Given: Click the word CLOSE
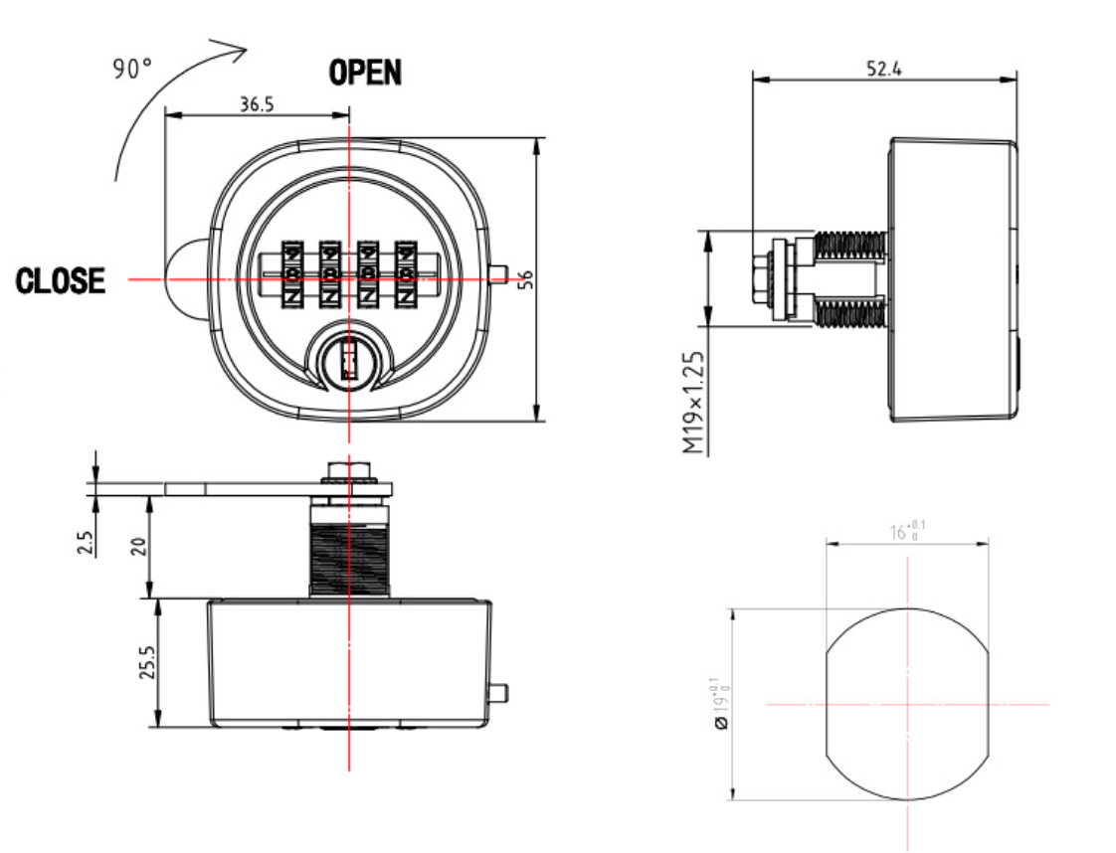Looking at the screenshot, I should (x=61, y=281).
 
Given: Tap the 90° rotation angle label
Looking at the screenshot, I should (x=132, y=72).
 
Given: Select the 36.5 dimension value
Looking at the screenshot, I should (x=257, y=104).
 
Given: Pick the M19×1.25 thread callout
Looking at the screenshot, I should (x=694, y=403).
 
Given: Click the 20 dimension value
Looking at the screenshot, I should (x=138, y=545).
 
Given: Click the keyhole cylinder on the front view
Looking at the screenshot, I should (x=348, y=359).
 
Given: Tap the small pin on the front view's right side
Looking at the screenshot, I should (x=499, y=274).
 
